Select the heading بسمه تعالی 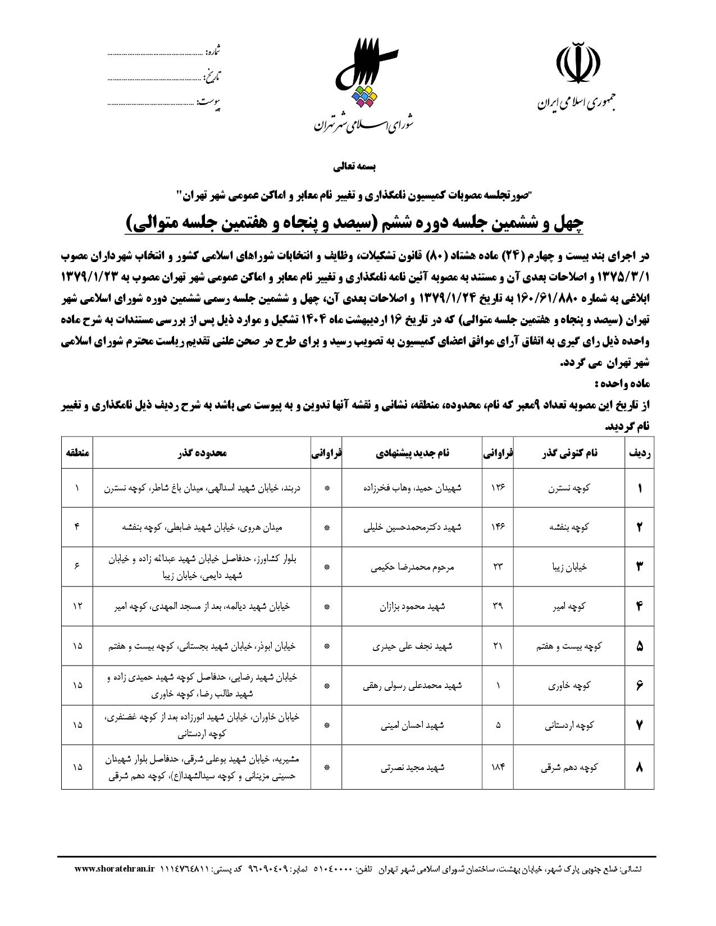click(357, 167)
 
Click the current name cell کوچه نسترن click(569, 488)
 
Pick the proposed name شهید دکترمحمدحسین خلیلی click(412, 527)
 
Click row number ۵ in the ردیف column click(640, 646)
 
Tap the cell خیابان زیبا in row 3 click(569, 567)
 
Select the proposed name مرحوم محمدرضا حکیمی click(412, 567)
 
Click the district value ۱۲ click(77, 606)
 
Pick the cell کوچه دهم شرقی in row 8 click(569, 767)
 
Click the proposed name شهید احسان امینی click(412, 725)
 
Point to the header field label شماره click(213, 52)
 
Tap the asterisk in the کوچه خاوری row click(327, 686)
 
